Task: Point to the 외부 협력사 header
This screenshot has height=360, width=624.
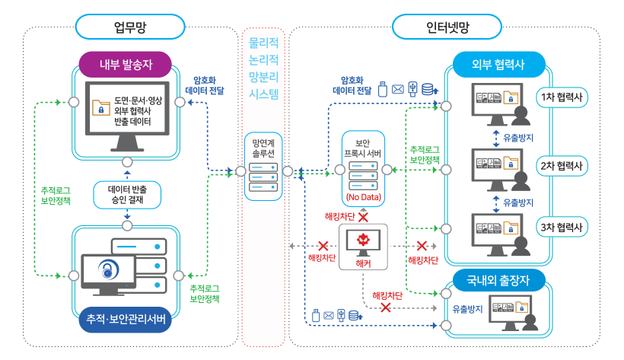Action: coord(499,63)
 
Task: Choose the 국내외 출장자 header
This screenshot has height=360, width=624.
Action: coord(499,280)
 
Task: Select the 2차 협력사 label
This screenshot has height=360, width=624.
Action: coord(562,165)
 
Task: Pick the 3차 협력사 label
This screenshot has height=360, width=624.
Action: coord(562,226)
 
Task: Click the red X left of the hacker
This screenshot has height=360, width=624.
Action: coord(323,246)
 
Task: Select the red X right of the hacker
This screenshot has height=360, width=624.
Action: coord(420,246)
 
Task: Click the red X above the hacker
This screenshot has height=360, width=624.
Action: coord(363,218)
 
